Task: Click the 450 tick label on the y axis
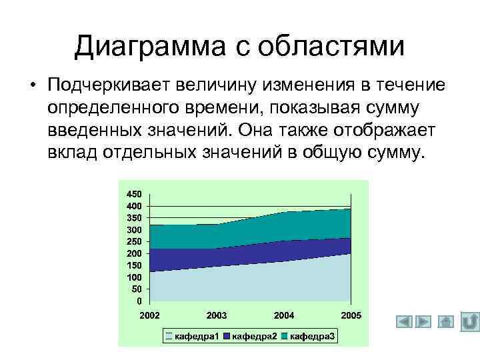(x=134, y=193)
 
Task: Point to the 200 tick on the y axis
(x=134, y=253)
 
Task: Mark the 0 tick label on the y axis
(x=139, y=301)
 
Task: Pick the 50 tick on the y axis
(x=137, y=289)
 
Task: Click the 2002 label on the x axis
(x=150, y=314)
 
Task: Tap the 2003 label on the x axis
(x=217, y=314)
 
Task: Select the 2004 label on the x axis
(x=284, y=314)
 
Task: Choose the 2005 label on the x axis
(x=351, y=314)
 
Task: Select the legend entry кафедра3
(x=310, y=336)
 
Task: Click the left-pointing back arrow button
(x=405, y=322)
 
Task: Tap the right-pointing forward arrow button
(x=424, y=322)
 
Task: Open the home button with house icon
(x=447, y=322)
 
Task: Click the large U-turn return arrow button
(x=469, y=321)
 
